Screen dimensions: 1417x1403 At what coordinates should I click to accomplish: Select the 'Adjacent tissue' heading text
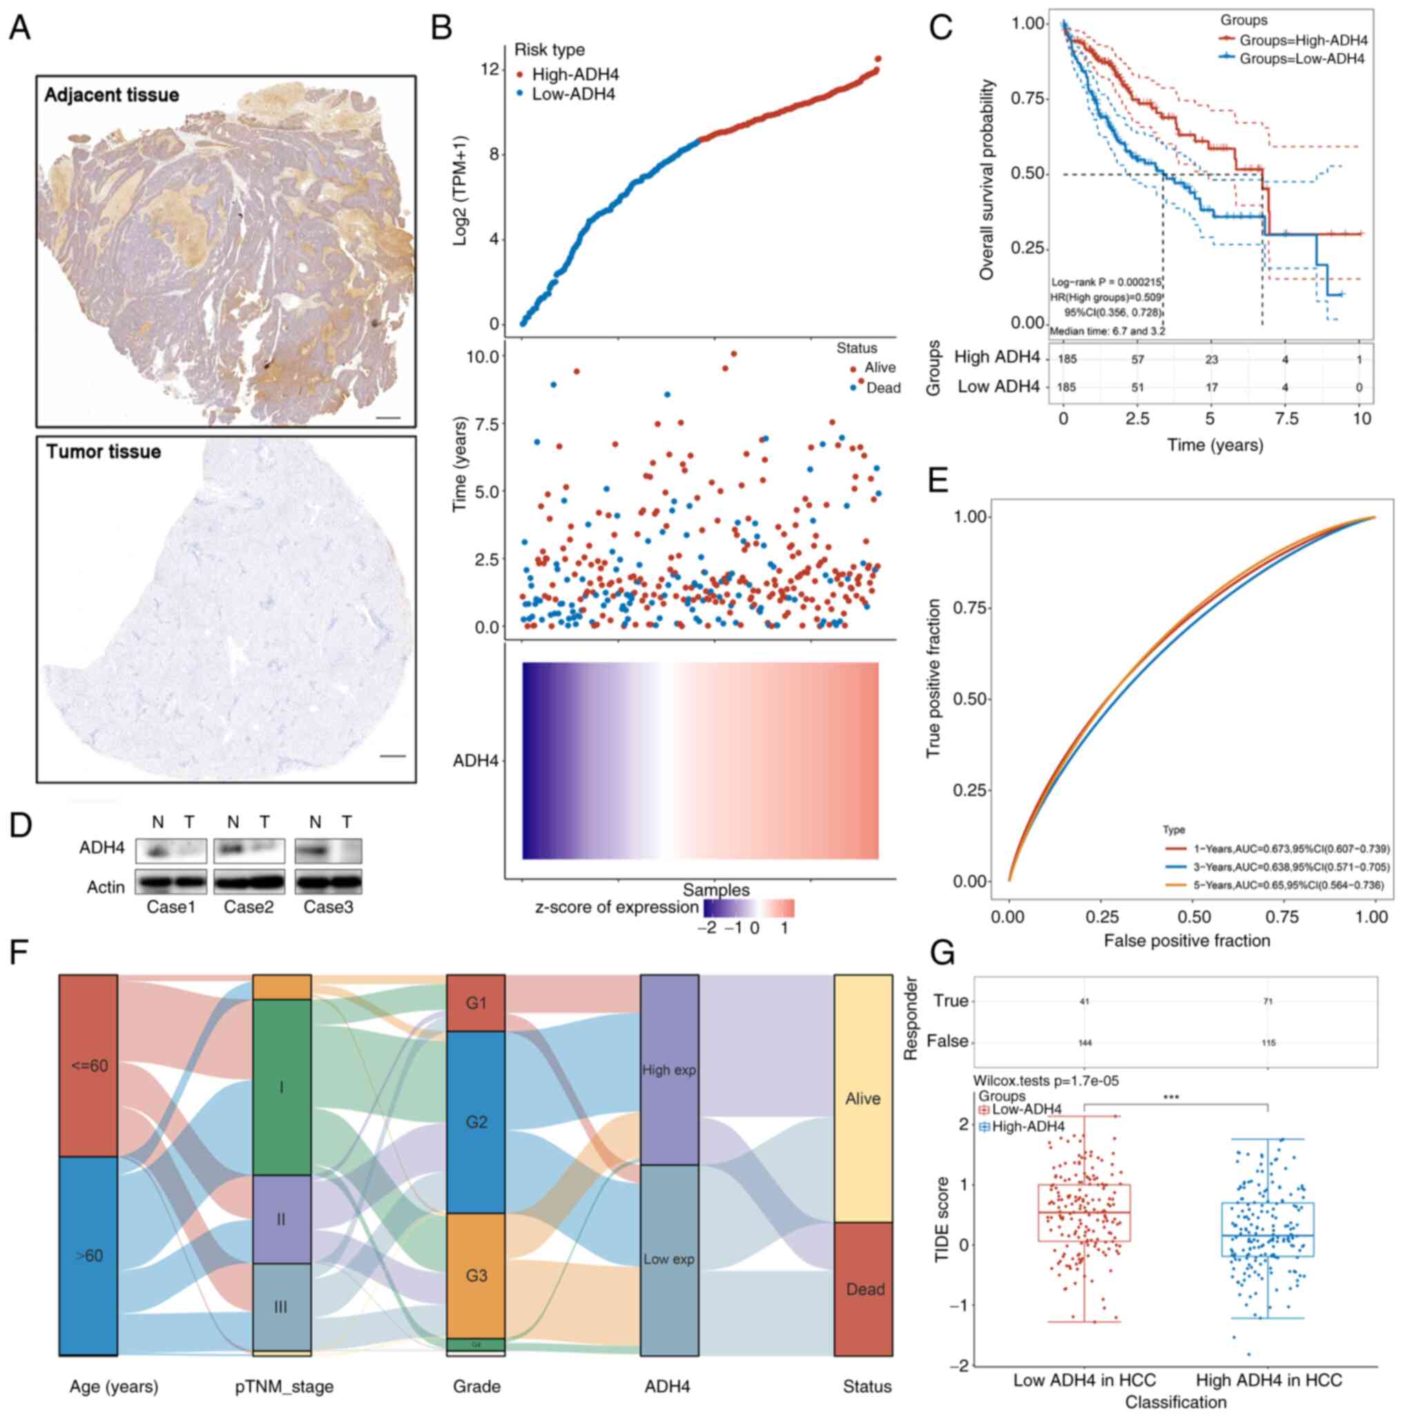pyautogui.click(x=111, y=95)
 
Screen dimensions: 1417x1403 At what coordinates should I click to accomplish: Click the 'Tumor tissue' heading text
pyautogui.click(x=104, y=451)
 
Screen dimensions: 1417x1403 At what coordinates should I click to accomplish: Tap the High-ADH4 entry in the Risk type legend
pyautogui.click(x=575, y=75)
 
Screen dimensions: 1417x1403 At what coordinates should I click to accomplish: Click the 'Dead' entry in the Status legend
pyautogui.click(x=882, y=388)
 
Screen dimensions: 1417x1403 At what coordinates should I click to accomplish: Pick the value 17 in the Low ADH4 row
pyautogui.click(x=1211, y=387)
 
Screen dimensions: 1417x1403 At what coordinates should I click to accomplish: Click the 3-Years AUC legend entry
pyautogui.click(x=1276, y=867)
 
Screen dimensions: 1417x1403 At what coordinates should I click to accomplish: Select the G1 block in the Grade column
pyautogui.click(x=476, y=1003)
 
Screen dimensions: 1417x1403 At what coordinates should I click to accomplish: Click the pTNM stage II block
pyautogui.click(x=282, y=1220)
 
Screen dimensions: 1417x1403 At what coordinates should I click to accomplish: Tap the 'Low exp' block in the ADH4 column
pyautogui.click(x=669, y=1260)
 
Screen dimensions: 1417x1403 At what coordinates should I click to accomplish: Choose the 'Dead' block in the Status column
pyautogui.click(x=864, y=1289)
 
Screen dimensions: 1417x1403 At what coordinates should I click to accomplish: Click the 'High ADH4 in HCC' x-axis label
pyautogui.click(x=1268, y=1380)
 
